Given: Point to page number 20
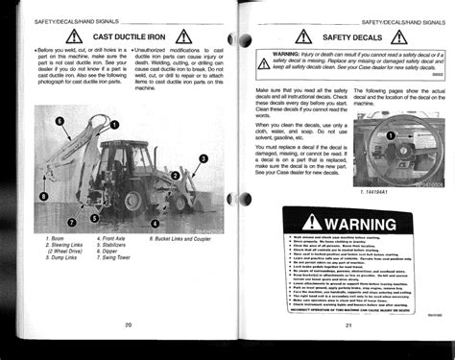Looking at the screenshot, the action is point(127,325).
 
